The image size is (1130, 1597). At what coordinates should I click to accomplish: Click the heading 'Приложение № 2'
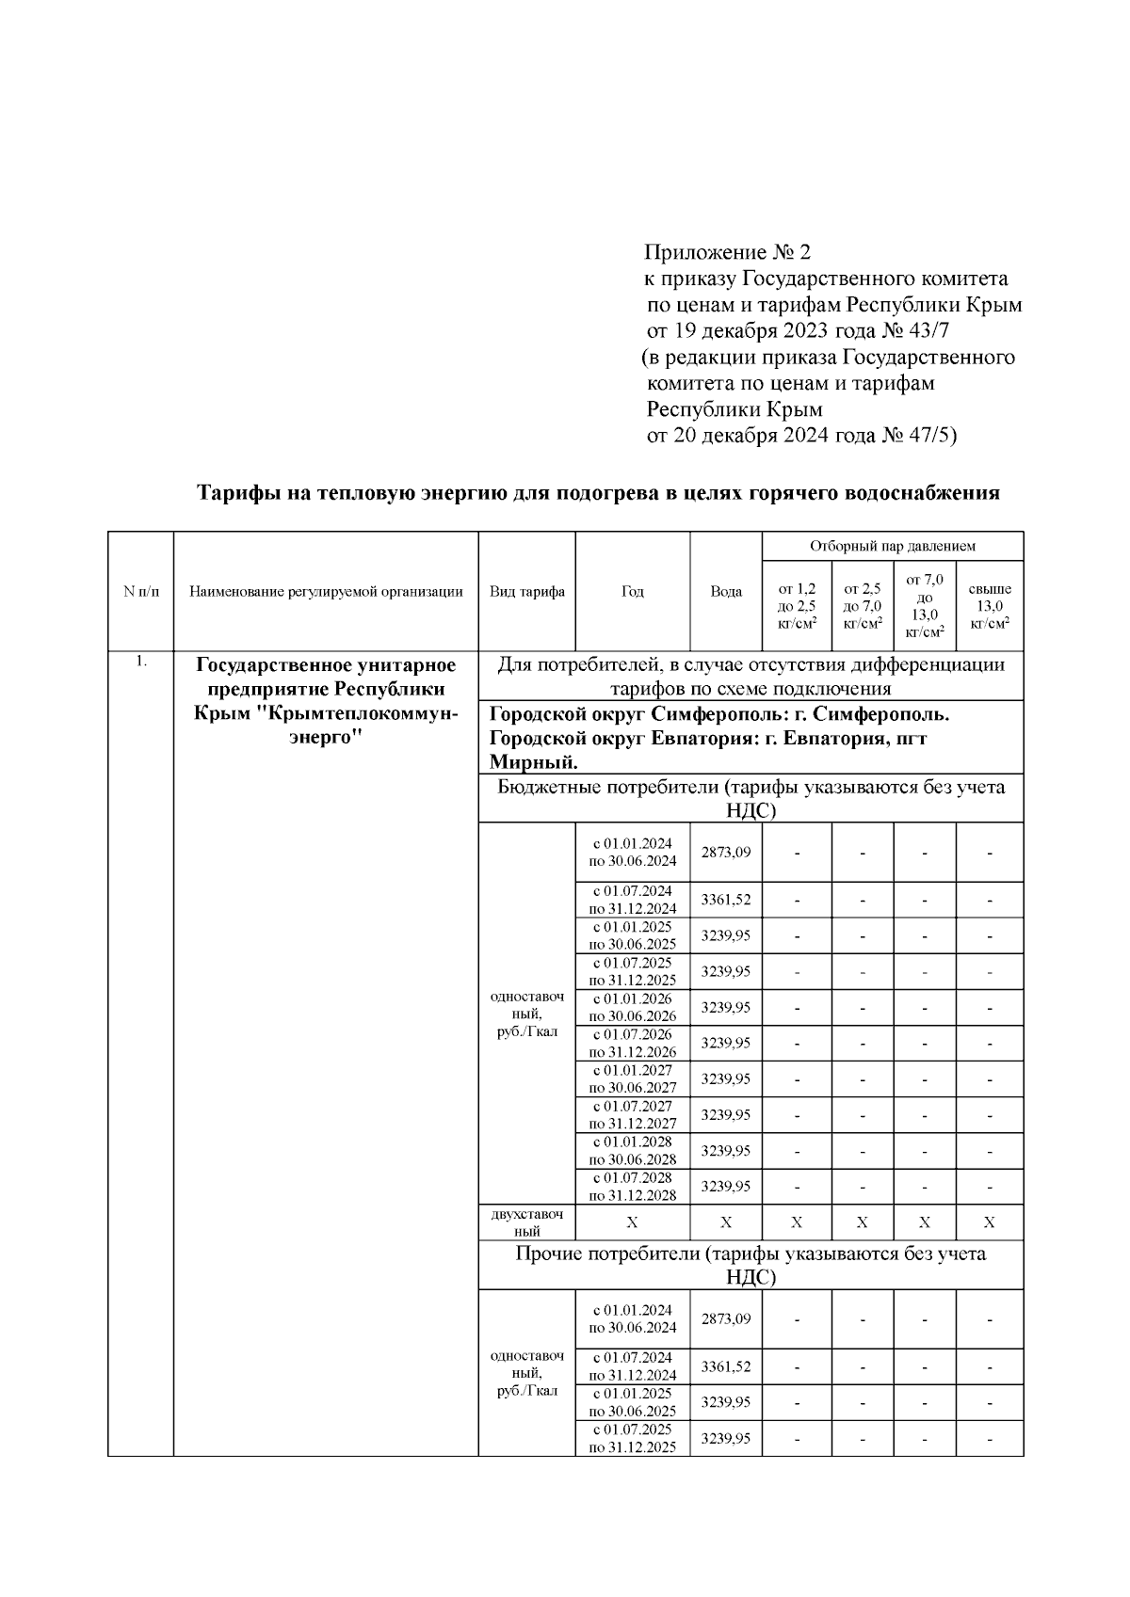[727, 252]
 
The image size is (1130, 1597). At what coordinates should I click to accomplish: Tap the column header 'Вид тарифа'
[527, 592]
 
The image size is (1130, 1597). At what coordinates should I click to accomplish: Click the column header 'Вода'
[725, 592]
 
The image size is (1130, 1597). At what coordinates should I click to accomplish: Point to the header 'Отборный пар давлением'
[892, 546]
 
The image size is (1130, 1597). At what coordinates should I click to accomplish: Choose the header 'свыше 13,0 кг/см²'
[989, 606]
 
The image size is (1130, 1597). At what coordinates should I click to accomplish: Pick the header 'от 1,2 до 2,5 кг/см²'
[796, 606]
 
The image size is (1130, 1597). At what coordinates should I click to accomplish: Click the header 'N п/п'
[141, 592]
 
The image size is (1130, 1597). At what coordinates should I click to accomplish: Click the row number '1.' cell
[141, 662]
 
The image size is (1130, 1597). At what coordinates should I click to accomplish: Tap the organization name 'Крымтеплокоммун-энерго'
[326, 726]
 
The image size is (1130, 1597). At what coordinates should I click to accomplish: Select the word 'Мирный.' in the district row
[534, 761]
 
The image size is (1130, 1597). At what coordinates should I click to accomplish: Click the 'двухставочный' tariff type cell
[527, 1222]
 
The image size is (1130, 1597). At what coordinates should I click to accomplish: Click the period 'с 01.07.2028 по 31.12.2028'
[632, 1187]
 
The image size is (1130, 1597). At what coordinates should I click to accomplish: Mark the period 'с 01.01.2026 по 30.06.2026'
[632, 1007]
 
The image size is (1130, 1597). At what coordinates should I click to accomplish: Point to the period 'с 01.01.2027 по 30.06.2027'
[632, 1078]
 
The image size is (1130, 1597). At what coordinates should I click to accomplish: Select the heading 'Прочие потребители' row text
[750, 1254]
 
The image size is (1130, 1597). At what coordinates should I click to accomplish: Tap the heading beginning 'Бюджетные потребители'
[750, 788]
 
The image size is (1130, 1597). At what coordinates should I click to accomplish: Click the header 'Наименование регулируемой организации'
[326, 592]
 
